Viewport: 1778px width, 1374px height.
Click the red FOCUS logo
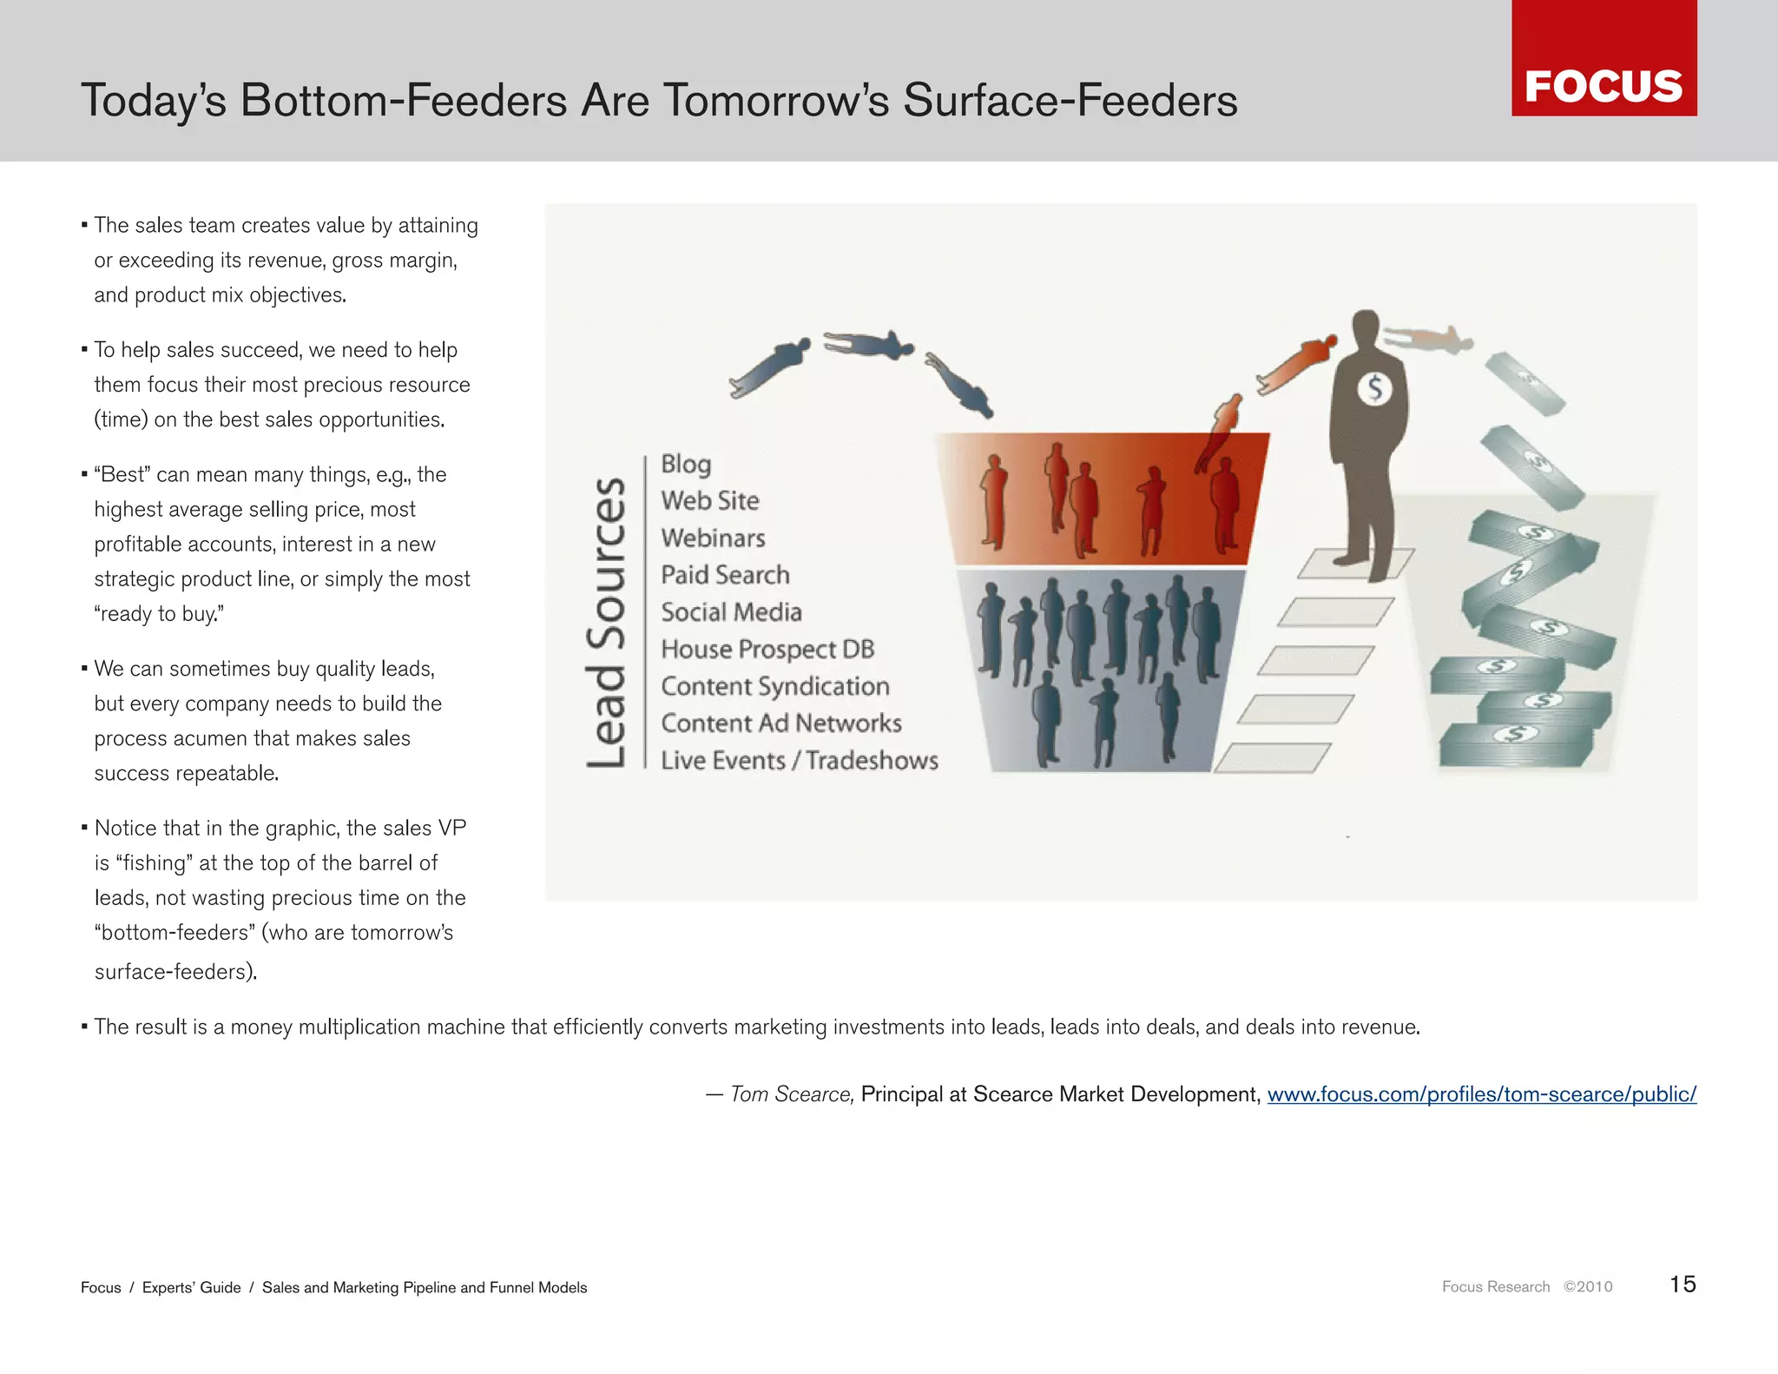[1603, 59]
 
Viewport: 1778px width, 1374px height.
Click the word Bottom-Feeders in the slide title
[403, 100]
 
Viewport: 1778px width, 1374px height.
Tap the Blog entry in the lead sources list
[686, 464]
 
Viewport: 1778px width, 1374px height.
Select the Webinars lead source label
[713, 538]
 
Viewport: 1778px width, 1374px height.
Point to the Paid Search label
[725, 575]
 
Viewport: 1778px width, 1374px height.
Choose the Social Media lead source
[731, 612]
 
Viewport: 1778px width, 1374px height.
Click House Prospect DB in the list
[767, 649]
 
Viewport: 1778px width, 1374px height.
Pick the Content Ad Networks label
[781, 723]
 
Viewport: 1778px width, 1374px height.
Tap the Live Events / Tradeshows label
[799, 760]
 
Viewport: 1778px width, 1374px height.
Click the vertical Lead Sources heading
[605, 622]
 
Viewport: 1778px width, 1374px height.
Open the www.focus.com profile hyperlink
[1481, 1094]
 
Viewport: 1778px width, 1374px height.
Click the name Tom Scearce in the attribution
[791, 1094]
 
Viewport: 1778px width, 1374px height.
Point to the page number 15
[1683, 1285]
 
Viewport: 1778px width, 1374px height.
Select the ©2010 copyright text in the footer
[1588, 1286]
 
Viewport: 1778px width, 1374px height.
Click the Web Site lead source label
[710, 501]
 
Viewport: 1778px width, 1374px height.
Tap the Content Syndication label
[775, 686]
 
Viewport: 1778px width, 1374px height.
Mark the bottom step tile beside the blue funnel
[1272, 757]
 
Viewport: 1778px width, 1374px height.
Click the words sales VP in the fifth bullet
[425, 828]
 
